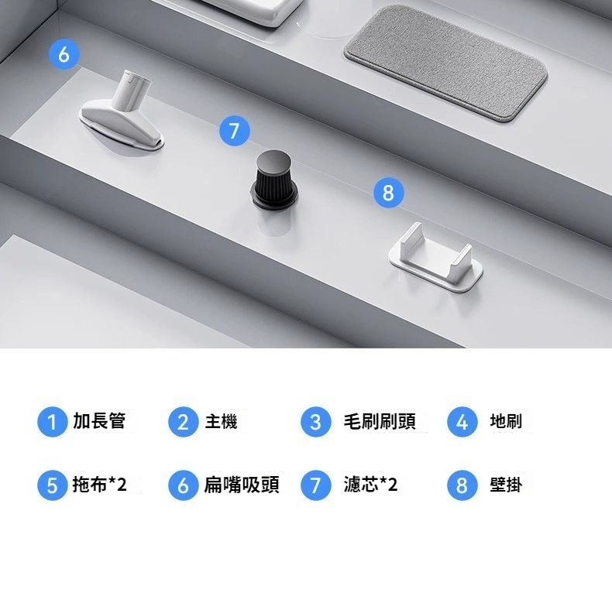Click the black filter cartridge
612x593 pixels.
click(274, 180)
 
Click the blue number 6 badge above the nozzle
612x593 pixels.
click(64, 54)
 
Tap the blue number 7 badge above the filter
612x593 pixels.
click(234, 131)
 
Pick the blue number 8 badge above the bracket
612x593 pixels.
click(388, 192)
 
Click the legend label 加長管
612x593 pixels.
click(99, 421)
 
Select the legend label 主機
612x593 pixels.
click(221, 422)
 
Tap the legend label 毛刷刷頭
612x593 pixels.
click(380, 421)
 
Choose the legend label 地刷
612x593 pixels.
click(506, 421)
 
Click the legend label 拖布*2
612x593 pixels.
click(99, 485)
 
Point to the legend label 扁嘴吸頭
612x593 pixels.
click(242, 485)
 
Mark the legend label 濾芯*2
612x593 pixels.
click(370, 485)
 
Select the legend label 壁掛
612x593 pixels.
click(506, 485)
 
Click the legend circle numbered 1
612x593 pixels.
click(53, 422)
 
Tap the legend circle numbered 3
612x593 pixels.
click(316, 422)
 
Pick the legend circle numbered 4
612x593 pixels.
click(462, 422)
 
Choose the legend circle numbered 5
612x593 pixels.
click(53, 485)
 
